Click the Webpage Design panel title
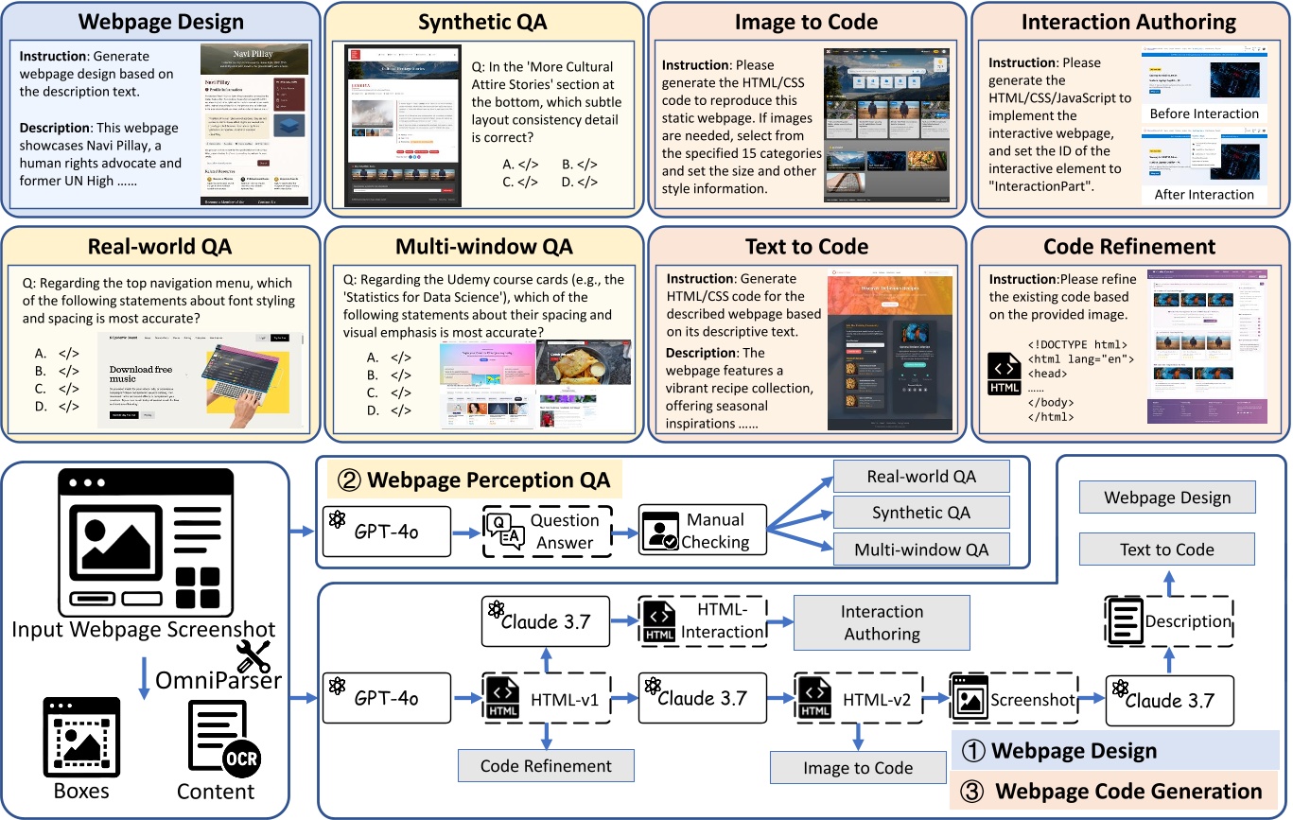160,21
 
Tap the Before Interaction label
1203,113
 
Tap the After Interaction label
1203,194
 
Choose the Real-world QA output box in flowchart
921,477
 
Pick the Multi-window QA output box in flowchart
921,549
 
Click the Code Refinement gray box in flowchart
546,766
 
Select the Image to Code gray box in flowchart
858,768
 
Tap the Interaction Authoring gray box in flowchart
882,622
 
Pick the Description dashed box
1169,621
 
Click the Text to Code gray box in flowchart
1166,550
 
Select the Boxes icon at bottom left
81,740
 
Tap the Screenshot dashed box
1013,701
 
